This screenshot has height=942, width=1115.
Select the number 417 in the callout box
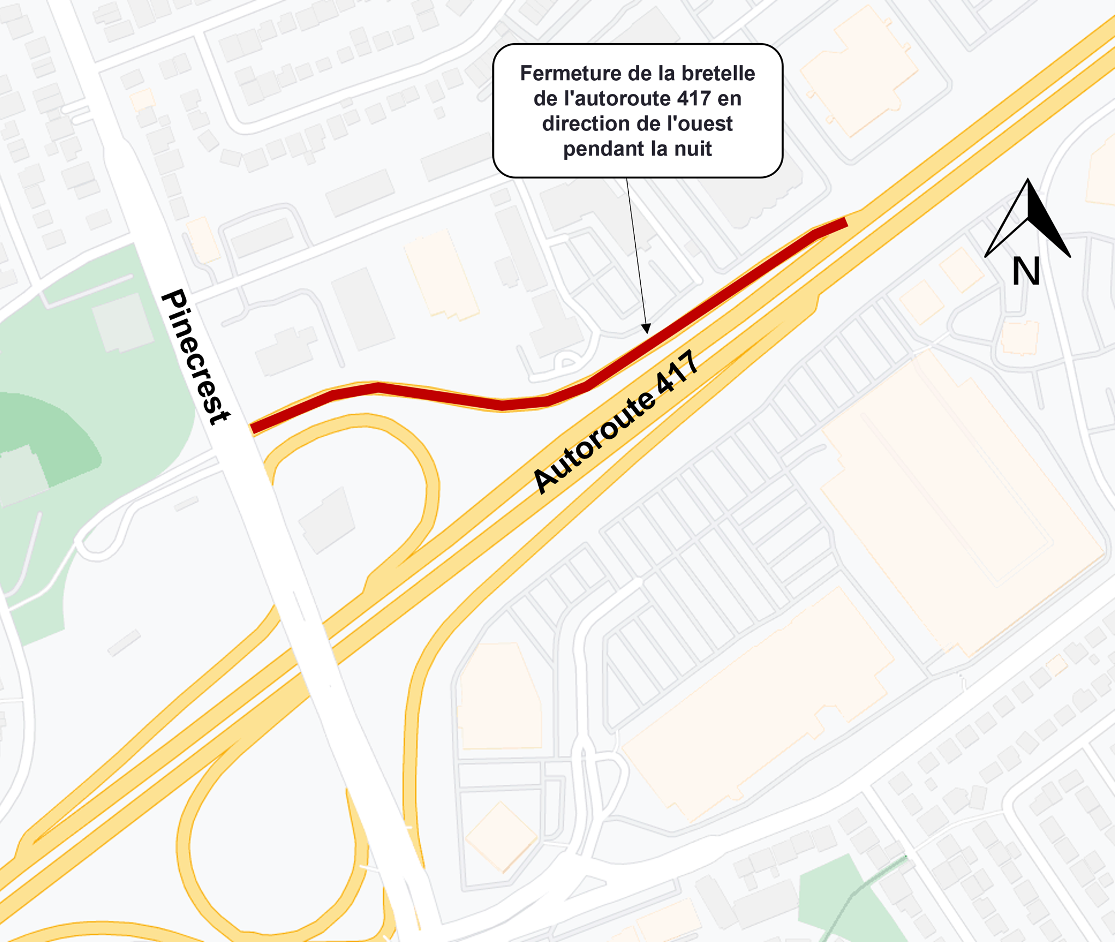(694, 99)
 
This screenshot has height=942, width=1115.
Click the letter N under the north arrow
(1025, 271)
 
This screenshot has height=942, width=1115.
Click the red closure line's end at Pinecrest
(254, 428)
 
